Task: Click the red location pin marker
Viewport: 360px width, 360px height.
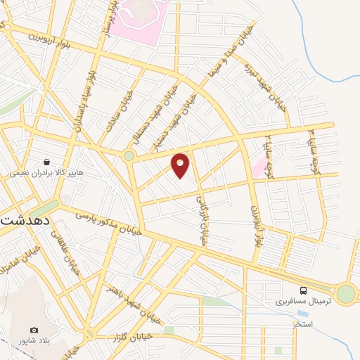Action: coord(181,165)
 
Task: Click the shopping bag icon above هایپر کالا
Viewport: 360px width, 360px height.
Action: coord(46,161)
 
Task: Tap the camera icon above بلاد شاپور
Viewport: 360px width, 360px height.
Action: coord(34,330)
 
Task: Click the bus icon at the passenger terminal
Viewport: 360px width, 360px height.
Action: coord(303,290)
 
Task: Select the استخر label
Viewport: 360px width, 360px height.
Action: coord(302,326)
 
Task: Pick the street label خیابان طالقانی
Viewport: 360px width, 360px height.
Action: coord(70,257)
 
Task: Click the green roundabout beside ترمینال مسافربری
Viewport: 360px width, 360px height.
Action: coord(346,294)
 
